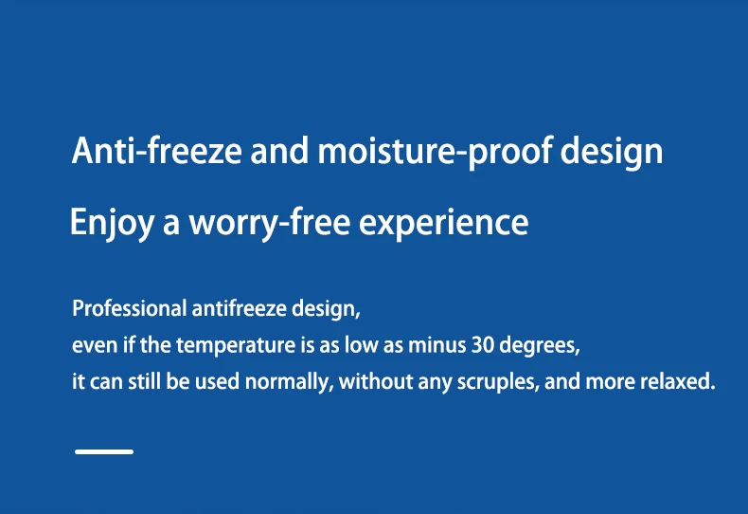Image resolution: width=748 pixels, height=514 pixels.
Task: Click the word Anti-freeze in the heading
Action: (x=157, y=151)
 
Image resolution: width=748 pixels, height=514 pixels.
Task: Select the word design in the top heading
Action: (x=611, y=152)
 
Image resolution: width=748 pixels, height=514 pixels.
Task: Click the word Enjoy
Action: (x=112, y=223)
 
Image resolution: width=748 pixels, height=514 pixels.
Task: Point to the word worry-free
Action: (x=270, y=223)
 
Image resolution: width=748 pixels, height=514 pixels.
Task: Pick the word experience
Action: (x=444, y=224)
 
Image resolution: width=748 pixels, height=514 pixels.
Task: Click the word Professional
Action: (x=130, y=308)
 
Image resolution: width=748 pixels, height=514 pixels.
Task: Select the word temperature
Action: (x=236, y=345)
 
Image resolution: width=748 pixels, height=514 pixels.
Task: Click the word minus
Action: (x=437, y=345)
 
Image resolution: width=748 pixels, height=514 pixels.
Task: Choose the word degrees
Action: (x=540, y=346)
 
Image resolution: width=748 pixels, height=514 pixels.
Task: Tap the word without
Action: (x=376, y=381)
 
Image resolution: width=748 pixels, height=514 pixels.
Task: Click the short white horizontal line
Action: (x=104, y=451)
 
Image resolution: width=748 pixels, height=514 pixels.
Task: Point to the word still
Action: (x=144, y=381)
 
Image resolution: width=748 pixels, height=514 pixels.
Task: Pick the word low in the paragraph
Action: (x=361, y=345)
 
